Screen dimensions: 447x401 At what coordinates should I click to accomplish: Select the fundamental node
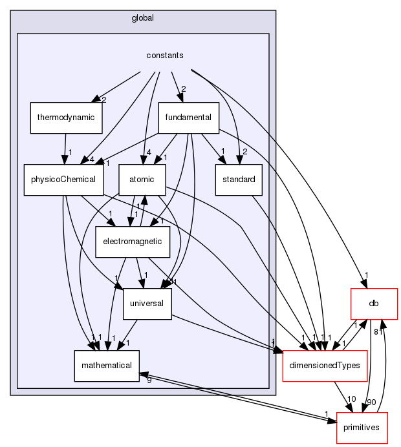pos(190,117)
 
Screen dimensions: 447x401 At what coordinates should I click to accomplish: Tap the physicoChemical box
pos(63,178)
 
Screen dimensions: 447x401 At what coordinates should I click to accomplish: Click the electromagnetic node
pos(133,240)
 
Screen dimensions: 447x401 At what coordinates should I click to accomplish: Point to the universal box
pos(147,302)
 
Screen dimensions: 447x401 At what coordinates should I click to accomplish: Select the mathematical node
pos(106,365)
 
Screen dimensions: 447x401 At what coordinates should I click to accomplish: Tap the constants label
pos(165,56)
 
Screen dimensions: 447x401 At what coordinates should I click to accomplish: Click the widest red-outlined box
pos(325,366)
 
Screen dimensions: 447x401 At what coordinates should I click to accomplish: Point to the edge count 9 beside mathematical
pos(149,380)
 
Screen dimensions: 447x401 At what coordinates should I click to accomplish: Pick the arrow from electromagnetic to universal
pos(140,271)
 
